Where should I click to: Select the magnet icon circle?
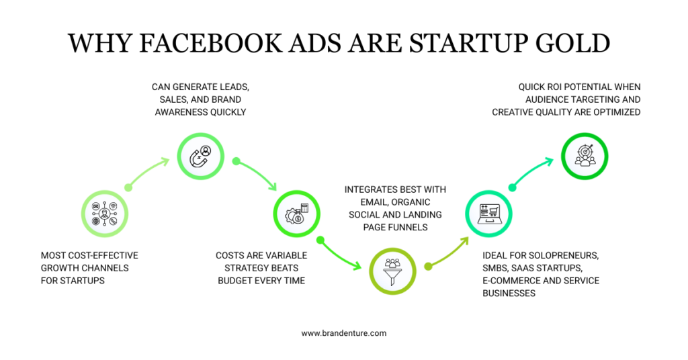click(x=201, y=156)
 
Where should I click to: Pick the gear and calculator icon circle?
click(x=296, y=214)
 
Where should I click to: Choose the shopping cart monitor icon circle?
click(x=488, y=214)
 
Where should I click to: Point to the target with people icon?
click(x=585, y=156)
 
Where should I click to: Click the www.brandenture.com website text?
click(x=343, y=333)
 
